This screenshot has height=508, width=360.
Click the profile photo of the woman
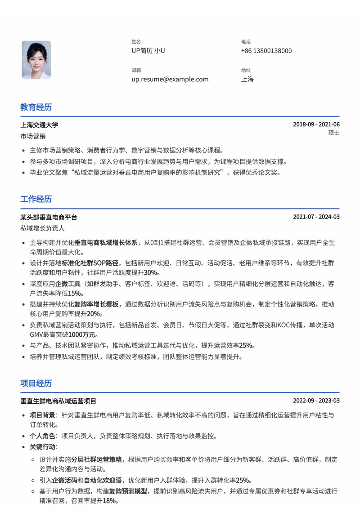[36, 60]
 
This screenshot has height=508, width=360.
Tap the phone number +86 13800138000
[266, 51]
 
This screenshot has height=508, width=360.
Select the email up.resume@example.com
[170, 79]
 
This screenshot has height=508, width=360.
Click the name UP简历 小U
[148, 51]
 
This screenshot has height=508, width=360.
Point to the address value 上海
[247, 79]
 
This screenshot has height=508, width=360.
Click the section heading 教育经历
[36, 107]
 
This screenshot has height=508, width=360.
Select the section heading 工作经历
[36, 199]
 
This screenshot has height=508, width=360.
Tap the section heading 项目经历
[36, 383]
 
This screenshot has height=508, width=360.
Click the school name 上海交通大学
[39, 125]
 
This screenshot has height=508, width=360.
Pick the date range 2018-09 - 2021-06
[316, 125]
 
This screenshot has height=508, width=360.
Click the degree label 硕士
[334, 133]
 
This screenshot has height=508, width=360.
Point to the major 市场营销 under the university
[33, 136]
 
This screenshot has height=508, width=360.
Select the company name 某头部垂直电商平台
[49, 217]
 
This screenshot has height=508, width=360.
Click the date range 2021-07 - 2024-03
[316, 217]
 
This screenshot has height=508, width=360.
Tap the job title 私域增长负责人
[42, 228]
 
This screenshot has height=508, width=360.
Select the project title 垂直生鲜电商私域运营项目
[58, 401]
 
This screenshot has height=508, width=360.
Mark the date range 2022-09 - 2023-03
[316, 401]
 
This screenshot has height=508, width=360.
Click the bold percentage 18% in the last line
[109, 500]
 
